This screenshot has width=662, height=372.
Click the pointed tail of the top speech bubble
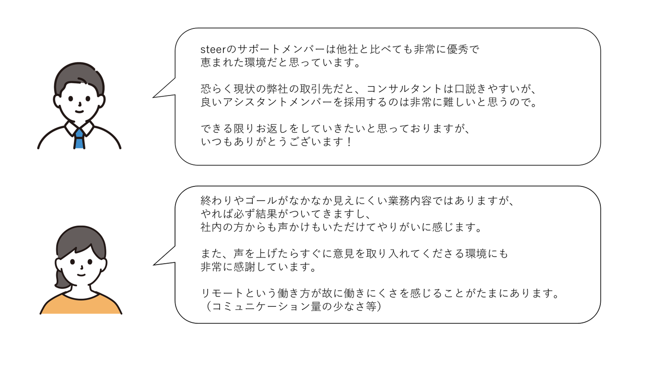156,96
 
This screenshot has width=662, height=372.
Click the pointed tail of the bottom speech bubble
156,263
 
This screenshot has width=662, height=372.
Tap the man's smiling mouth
79,111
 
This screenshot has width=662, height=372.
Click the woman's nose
81,267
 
